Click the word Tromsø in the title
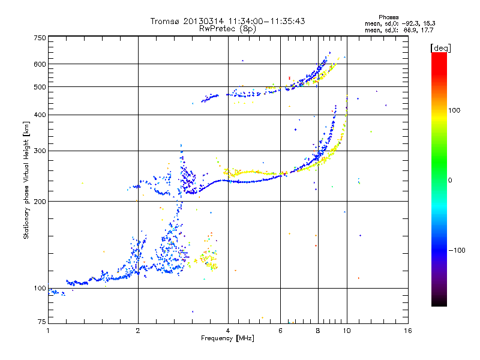point(166,21)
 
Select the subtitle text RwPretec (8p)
point(227,29)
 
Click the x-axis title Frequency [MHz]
point(227,338)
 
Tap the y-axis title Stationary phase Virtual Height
point(26,180)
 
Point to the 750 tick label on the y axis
point(40,38)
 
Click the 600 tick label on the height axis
point(40,64)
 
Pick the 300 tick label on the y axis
point(40,151)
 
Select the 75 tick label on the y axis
point(42,322)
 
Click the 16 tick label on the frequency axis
point(408,331)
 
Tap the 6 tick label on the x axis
point(280,331)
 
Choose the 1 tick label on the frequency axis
point(48,331)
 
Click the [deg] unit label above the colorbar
point(440,48)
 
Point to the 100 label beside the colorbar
point(454,110)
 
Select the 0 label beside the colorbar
point(450,181)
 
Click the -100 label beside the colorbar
point(457,250)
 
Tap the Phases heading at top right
point(388,17)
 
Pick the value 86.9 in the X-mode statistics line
point(411,30)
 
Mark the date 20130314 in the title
point(203,21)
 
